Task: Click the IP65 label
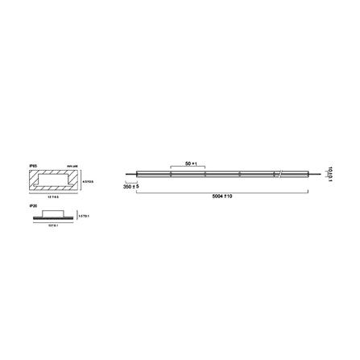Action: point(31,165)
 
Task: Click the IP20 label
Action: point(31,205)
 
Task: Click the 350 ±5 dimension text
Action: point(130,186)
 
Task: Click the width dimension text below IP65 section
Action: point(52,197)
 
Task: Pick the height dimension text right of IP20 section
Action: point(83,216)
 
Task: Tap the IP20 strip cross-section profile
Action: point(52,217)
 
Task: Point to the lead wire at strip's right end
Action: point(313,173)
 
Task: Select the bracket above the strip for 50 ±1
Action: point(188,167)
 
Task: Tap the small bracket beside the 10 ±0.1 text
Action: point(322,173)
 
